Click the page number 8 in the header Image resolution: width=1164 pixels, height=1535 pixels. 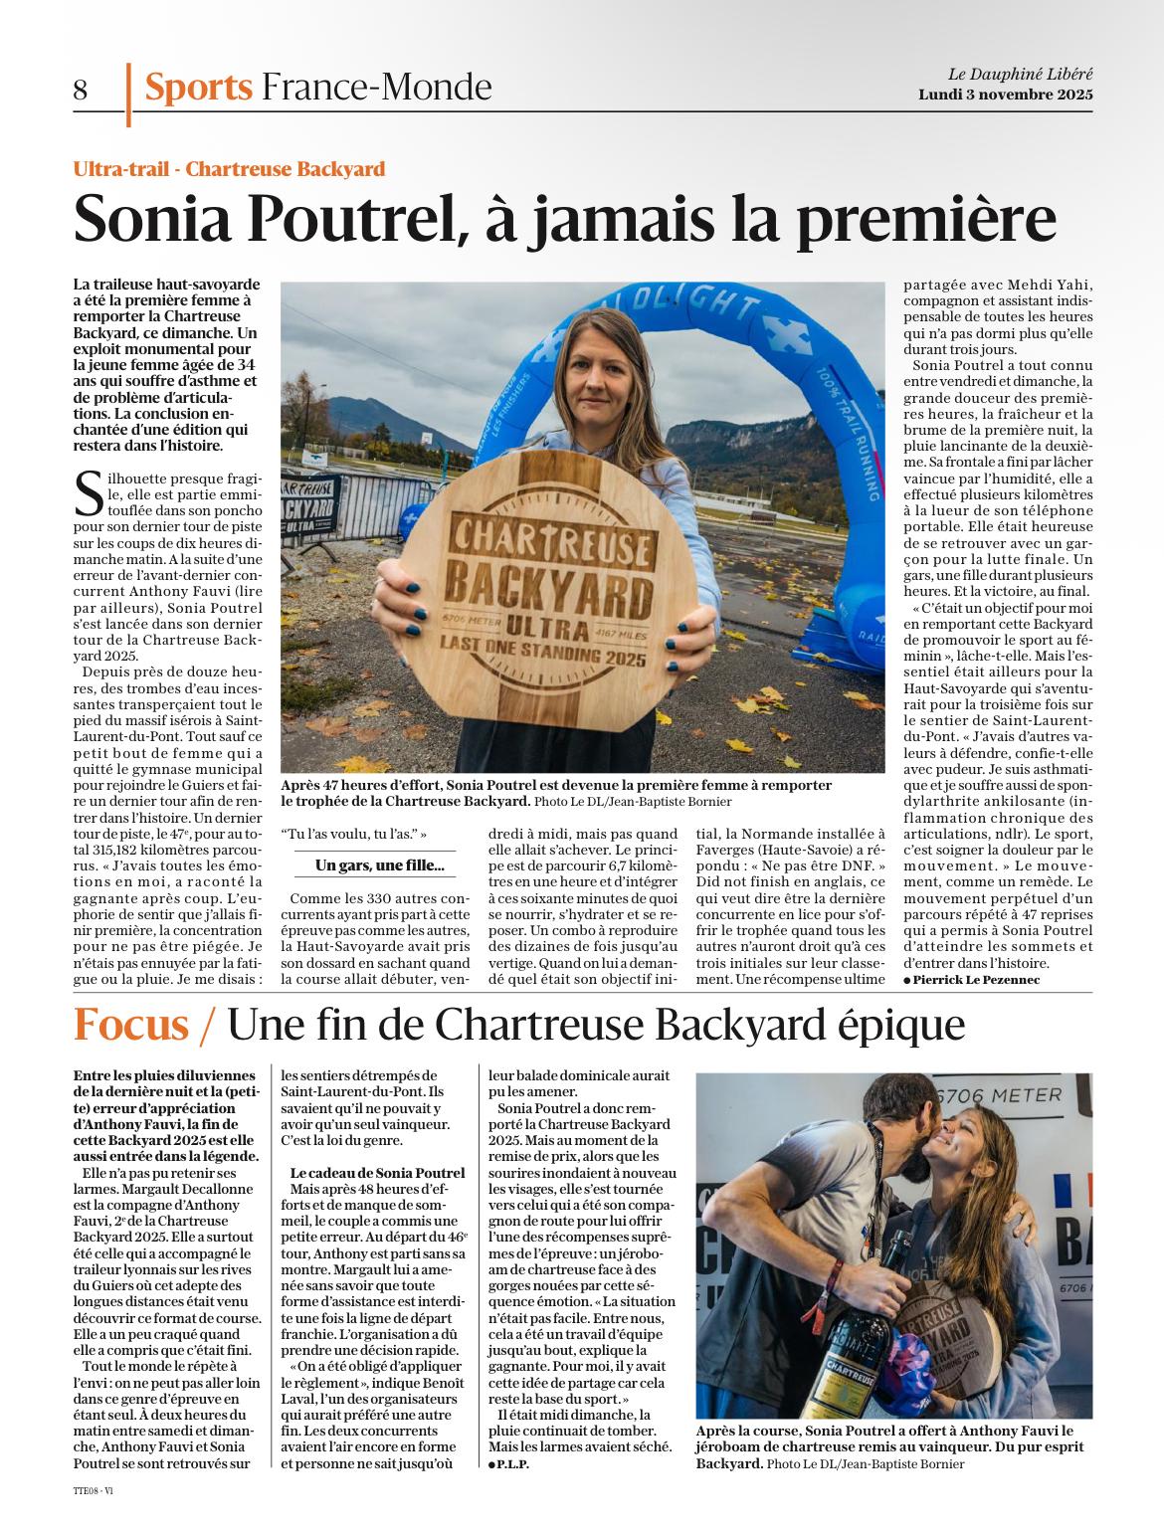pos(81,91)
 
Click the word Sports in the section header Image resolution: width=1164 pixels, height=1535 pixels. pos(198,88)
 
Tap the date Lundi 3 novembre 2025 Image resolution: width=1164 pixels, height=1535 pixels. pos(1005,95)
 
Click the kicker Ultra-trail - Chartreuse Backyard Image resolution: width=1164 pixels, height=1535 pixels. pos(229,169)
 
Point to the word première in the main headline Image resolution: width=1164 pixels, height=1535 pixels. pos(941,216)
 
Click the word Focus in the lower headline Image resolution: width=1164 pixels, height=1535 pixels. pos(131,1024)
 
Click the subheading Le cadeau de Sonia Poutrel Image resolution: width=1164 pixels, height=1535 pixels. pos(377,1174)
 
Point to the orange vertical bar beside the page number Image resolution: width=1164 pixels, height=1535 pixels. pos(127,95)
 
